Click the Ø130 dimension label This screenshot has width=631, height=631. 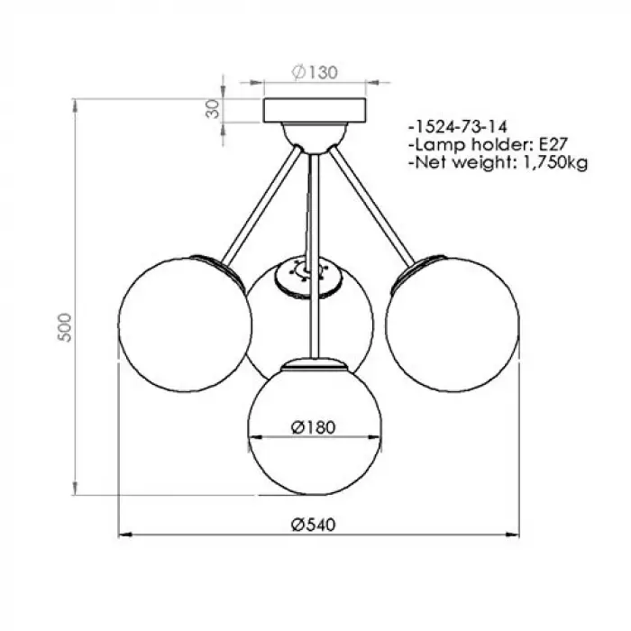(x=315, y=72)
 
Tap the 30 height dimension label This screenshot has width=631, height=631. (x=213, y=109)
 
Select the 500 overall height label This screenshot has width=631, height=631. (x=64, y=327)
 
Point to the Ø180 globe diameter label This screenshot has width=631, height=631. (x=313, y=427)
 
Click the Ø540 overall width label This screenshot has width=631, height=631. (x=313, y=525)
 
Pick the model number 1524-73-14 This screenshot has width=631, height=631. (x=461, y=127)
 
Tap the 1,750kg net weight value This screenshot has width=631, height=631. (x=555, y=162)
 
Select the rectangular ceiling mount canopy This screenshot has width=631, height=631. (x=315, y=110)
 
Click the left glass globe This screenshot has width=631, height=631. (x=185, y=325)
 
